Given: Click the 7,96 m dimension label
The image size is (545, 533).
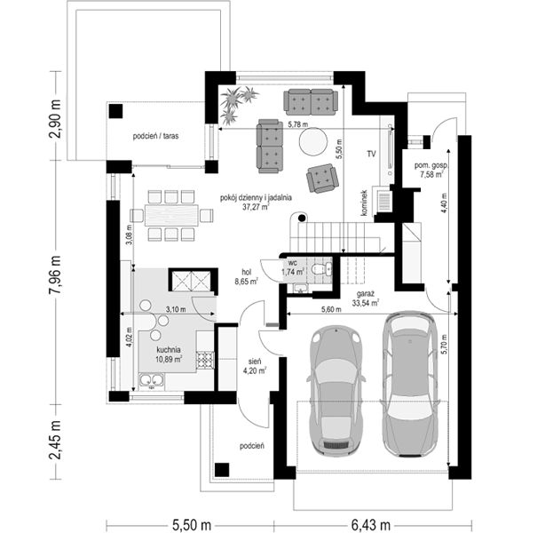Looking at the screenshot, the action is coord(55,274).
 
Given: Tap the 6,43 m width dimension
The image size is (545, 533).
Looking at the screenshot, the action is coord(371,524).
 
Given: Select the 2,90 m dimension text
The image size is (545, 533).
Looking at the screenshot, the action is coord(55,119).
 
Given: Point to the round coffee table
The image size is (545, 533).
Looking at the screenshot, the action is coord(313,141).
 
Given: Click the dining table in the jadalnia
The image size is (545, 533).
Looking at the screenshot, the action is coord(171,216).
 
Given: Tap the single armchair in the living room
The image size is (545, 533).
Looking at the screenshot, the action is coord(322,179).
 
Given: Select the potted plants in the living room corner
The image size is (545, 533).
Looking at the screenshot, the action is coord(237,104).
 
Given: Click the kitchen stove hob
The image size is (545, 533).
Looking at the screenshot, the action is coord(205,360).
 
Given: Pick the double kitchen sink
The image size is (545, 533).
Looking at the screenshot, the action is coord(152,381).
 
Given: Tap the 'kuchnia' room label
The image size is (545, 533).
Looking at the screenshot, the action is coord(169,350).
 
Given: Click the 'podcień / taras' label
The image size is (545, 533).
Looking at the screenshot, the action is coord(155,136).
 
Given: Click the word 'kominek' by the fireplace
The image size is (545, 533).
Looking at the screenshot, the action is coord(364,203).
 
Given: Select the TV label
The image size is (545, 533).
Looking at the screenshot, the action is coord(371,154).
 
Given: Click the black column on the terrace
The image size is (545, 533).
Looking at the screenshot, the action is coord(115,111).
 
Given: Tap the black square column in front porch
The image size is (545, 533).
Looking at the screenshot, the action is coord(222,470).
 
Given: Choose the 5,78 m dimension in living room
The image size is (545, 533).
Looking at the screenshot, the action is coord(299,124).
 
